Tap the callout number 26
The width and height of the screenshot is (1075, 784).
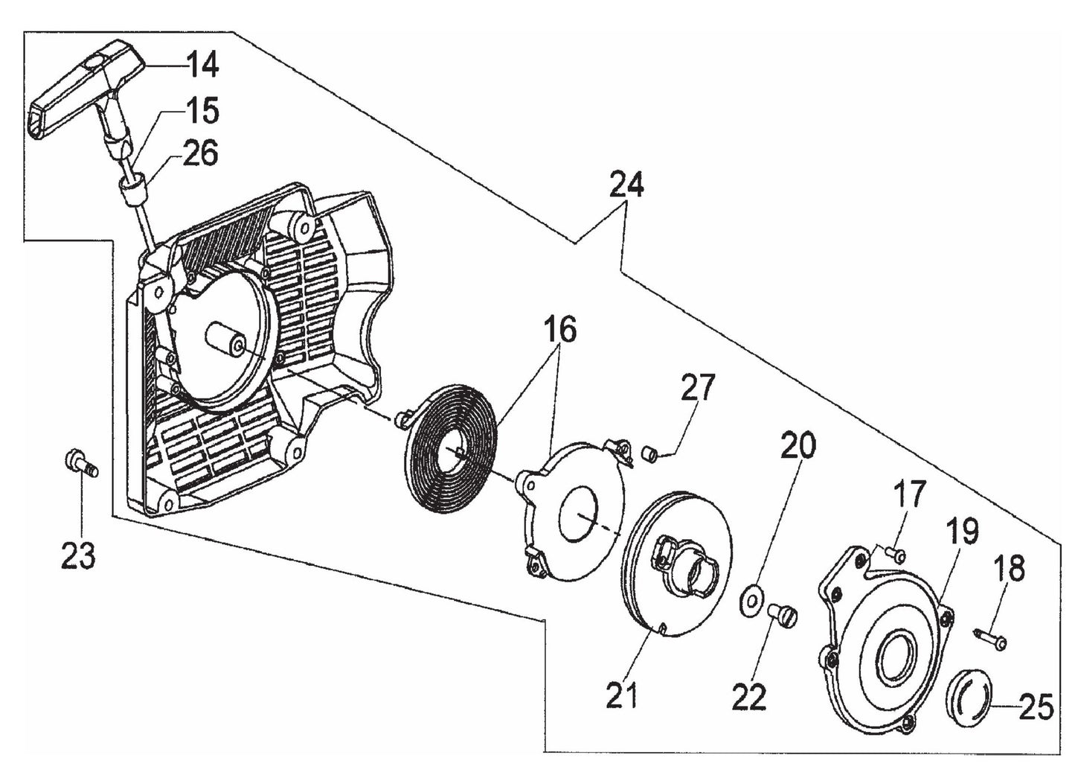199,154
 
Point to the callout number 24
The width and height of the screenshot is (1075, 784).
626,185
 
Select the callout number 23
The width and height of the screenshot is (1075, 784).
78,555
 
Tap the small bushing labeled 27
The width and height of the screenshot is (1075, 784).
649,451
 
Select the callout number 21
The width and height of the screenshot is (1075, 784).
621,696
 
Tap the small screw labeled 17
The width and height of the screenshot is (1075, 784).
896,553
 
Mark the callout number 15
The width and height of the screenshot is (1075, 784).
202,111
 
